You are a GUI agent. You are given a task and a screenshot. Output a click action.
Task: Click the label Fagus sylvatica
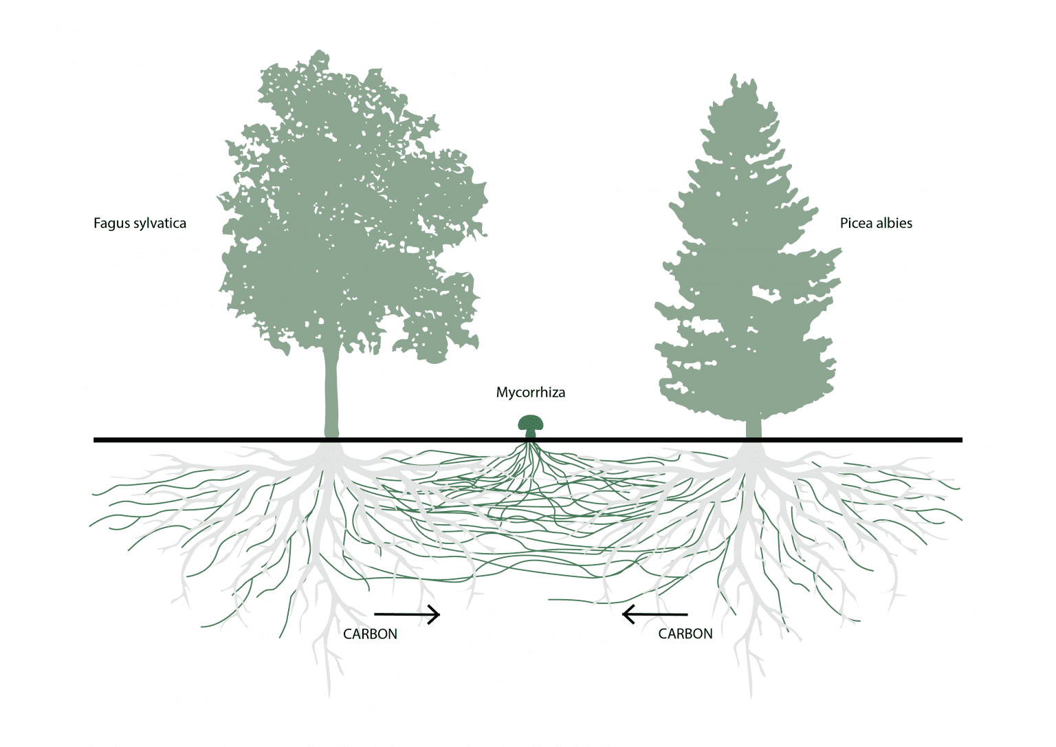(x=140, y=223)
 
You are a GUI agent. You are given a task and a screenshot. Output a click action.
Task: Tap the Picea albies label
(x=876, y=223)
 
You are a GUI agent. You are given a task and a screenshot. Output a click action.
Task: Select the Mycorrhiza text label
(x=531, y=393)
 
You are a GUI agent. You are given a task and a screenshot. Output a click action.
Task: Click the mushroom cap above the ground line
(x=531, y=422)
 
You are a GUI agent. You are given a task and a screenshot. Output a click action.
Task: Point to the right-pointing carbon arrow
(x=406, y=614)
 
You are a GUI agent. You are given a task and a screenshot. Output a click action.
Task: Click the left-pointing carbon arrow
(x=654, y=614)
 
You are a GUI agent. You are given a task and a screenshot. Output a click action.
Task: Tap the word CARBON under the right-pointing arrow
(x=370, y=634)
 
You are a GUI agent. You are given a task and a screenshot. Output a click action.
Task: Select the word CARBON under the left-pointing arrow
(x=685, y=634)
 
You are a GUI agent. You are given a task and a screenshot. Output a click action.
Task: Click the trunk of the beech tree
(x=332, y=392)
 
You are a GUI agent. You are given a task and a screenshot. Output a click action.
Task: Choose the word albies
(x=894, y=223)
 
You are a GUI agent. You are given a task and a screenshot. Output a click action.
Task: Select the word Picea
(x=856, y=223)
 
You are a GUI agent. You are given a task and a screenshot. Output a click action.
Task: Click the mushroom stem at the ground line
(x=531, y=434)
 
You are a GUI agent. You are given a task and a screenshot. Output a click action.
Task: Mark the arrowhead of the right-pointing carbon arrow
(x=434, y=614)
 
